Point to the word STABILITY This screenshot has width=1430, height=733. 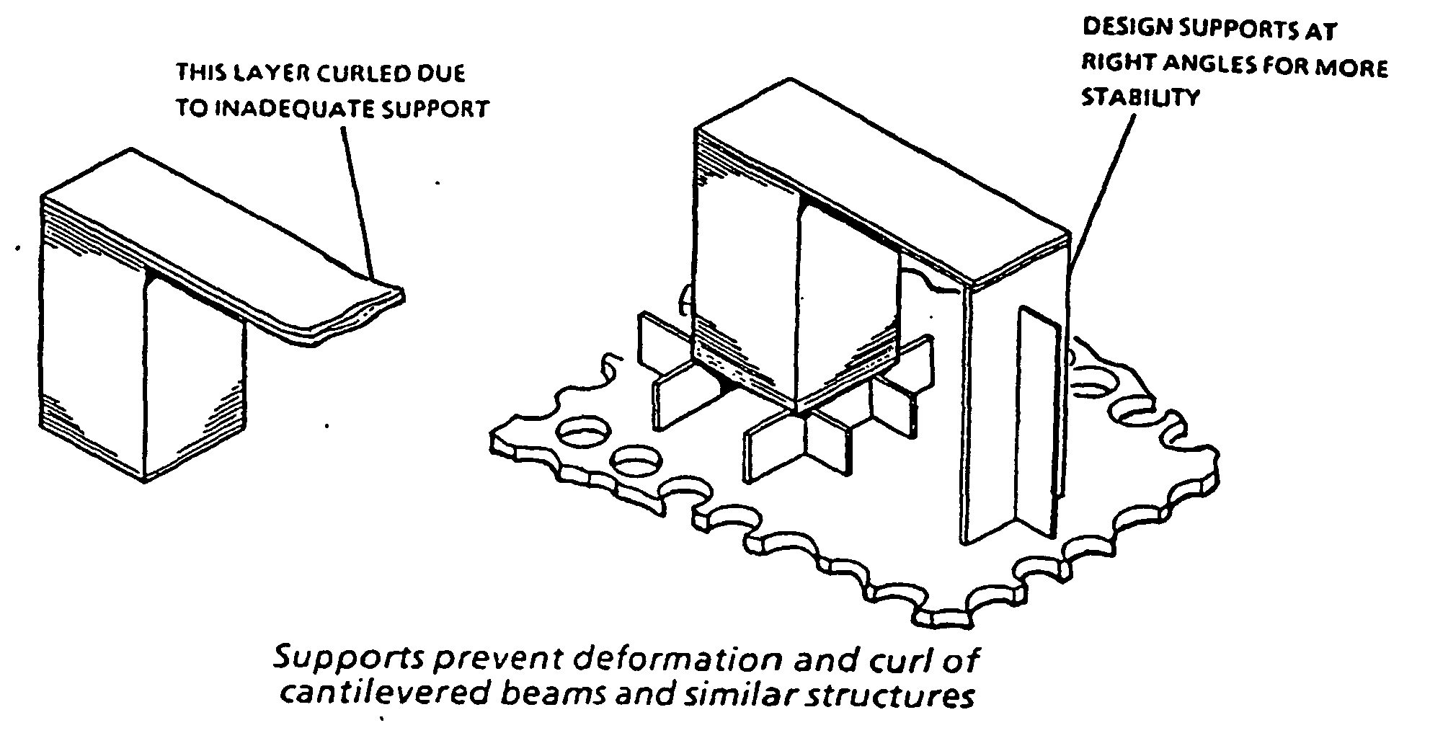click(1140, 97)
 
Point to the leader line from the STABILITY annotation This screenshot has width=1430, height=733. click(1099, 187)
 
